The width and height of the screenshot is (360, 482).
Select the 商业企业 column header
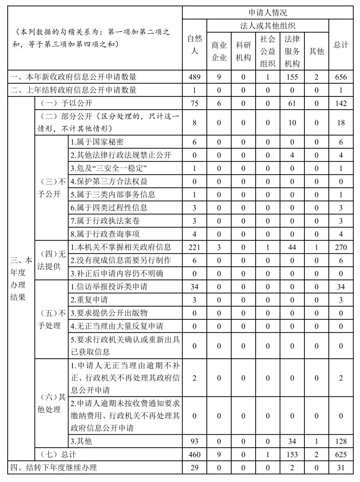(219, 51)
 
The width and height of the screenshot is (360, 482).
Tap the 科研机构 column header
(243, 51)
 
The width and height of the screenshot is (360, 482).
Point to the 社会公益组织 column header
(268, 51)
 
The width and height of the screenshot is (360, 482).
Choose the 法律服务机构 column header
(292, 51)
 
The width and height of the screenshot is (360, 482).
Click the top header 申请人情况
(268, 13)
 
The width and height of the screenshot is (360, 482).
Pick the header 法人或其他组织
(268, 26)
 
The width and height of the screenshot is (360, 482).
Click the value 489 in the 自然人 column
(194, 77)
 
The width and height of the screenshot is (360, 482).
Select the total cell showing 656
(341, 77)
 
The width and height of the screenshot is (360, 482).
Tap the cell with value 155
(292, 77)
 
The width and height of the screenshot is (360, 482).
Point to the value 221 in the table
(194, 247)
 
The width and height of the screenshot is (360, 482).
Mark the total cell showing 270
(341, 247)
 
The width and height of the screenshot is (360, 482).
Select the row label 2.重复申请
(89, 300)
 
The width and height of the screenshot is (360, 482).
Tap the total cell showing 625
(341, 454)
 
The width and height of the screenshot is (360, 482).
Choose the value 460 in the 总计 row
(194, 454)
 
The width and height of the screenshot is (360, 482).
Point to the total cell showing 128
(341, 441)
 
